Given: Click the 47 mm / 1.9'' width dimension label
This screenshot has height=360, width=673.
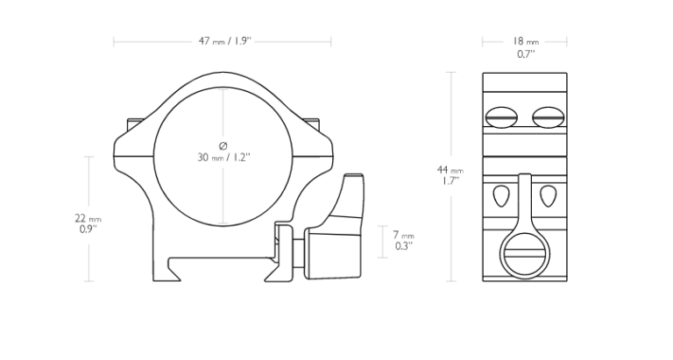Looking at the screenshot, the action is [224, 41].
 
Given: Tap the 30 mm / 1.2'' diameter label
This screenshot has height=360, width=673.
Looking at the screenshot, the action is [223, 157].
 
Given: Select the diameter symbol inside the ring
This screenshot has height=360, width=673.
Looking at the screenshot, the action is [223, 146].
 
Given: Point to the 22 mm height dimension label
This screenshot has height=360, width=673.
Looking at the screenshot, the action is [88, 218].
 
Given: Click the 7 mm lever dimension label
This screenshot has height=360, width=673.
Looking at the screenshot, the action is [403, 235].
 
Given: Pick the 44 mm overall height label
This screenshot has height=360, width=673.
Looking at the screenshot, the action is [450, 170].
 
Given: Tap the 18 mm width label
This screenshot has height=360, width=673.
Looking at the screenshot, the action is [525, 41].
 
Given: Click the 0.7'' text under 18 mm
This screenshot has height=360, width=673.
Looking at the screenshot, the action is [526, 53].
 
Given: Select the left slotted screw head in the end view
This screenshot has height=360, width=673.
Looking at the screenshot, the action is [501, 117].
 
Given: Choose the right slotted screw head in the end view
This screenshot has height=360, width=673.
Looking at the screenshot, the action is [548, 117].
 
